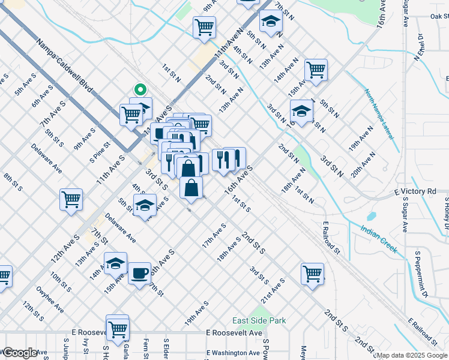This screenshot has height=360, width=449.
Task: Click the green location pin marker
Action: [140, 90]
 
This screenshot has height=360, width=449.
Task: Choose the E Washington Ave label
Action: [234, 352]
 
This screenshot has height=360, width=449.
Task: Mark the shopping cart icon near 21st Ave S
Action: [313, 274]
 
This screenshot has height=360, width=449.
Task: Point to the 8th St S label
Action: [13, 182]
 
